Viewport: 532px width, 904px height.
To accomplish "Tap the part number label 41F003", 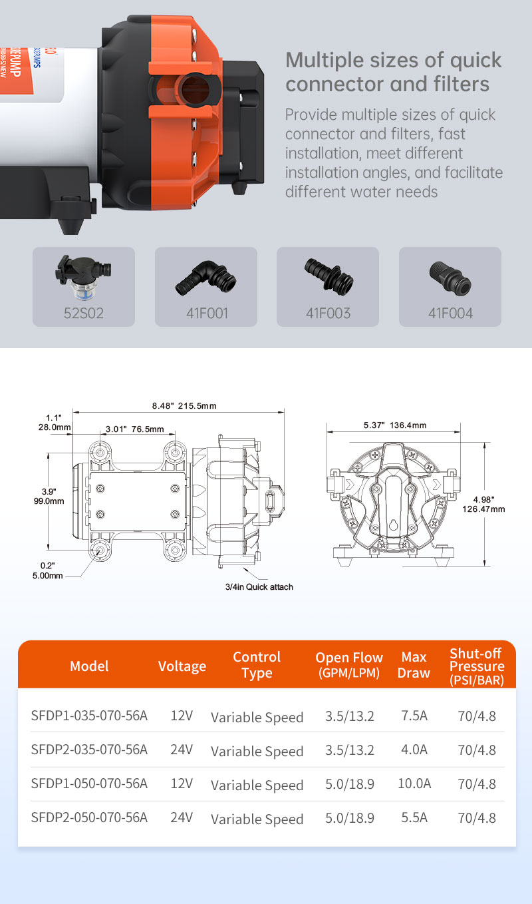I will tap(328, 313).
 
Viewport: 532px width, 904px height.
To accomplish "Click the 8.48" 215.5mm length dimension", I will tap(184, 405).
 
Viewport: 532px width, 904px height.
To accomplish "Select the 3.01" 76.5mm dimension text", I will tap(134, 429).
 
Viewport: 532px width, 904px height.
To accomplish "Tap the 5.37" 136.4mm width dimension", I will tap(395, 425).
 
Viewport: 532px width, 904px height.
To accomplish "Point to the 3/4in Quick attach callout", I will tap(259, 586).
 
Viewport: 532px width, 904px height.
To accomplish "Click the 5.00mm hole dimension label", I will tap(48, 575).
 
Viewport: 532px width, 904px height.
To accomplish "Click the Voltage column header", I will tap(182, 666).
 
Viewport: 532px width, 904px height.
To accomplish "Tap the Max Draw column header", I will tap(414, 665).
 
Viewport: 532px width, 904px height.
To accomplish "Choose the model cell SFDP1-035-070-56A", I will tap(89, 716).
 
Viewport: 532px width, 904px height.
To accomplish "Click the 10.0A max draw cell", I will tap(414, 784).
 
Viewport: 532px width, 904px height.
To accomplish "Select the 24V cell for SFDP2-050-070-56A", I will tap(182, 817).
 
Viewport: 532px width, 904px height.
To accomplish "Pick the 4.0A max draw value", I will tap(414, 750).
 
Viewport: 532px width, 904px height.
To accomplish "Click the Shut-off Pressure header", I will tap(476, 666).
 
